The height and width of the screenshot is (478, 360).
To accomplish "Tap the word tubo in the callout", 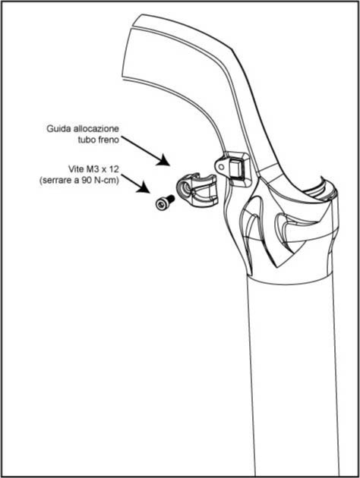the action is (x=87, y=140).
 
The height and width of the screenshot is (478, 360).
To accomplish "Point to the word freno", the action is (x=109, y=140).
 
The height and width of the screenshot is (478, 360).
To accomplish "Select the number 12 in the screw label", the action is (x=114, y=169).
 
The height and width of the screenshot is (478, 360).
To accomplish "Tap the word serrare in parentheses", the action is (x=55, y=181).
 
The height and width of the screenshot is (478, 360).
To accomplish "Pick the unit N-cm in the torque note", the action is (x=106, y=181).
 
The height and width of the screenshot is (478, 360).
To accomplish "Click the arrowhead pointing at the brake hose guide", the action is (x=163, y=160).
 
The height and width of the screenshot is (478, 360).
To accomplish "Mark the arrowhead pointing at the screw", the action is (x=144, y=187).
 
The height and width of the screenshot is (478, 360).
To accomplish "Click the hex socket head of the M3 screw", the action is (x=160, y=204).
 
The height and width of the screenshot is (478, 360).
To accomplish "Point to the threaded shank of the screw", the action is (x=170, y=199).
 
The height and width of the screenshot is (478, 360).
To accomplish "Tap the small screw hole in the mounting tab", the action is (x=221, y=165).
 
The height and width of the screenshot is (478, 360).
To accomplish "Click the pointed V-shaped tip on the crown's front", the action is (x=276, y=265).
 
